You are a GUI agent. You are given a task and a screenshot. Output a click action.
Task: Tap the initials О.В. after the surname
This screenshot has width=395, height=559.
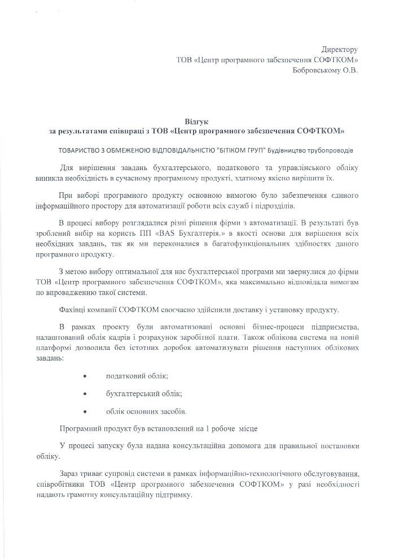point(350,70)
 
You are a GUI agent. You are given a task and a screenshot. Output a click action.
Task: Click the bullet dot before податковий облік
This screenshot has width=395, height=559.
point(85,376)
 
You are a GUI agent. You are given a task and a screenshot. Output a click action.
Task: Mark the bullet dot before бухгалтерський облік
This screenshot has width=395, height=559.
point(85,393)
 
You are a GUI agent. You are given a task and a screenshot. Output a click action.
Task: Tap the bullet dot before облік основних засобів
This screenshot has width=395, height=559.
point(85,411)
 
